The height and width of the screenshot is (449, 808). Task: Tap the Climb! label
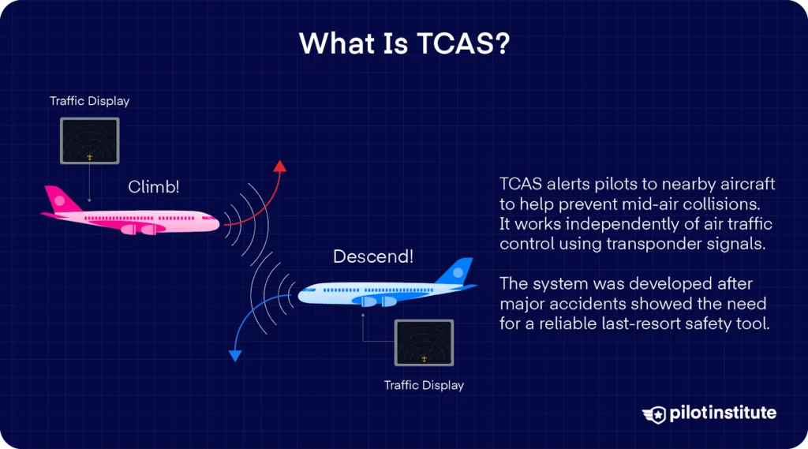[x=154, y=187]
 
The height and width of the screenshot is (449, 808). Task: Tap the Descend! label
[x=373, y=256]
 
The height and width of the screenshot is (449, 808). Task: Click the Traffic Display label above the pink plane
[x=89, y=101]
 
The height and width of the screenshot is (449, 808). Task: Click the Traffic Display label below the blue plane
[x=424, y=385]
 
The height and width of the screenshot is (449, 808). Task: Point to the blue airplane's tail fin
[x=457, y=271]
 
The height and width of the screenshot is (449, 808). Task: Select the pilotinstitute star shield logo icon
[x=654, y=413]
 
